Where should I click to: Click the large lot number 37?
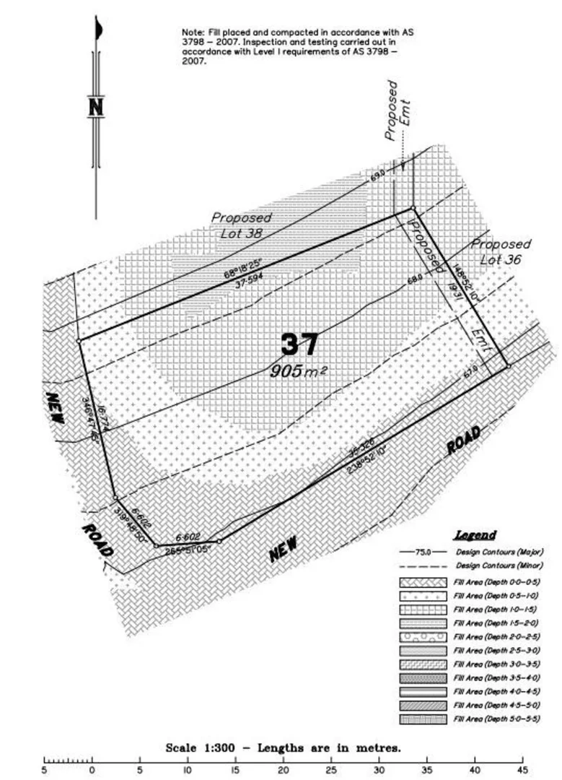299,344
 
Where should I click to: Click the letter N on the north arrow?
95,108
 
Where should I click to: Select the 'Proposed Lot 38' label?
241,225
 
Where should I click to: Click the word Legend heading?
475,535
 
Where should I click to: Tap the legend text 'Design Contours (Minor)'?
499,565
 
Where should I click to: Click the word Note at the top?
193,33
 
